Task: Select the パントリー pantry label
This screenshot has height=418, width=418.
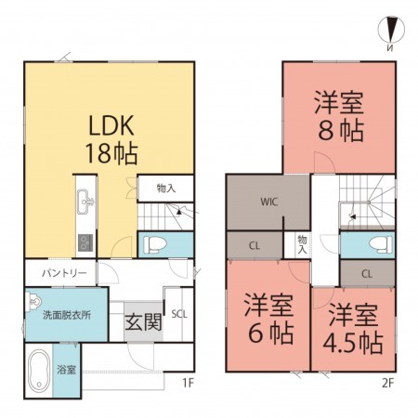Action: pos(62,273)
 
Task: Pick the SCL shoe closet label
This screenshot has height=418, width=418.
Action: pos(178,314)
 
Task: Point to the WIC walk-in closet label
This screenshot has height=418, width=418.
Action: pos(268,200)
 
